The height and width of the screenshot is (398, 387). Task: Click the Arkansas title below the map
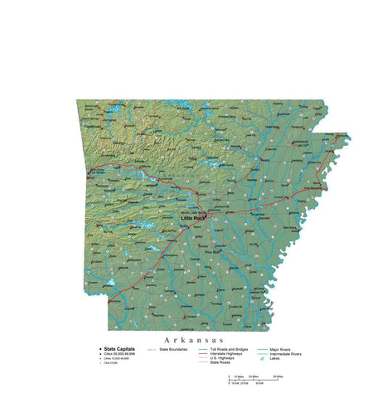click(x=194, y=339)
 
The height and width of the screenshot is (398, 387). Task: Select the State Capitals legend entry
click(x=119, y=349)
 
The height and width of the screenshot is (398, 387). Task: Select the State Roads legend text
click(x=220, y=362)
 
